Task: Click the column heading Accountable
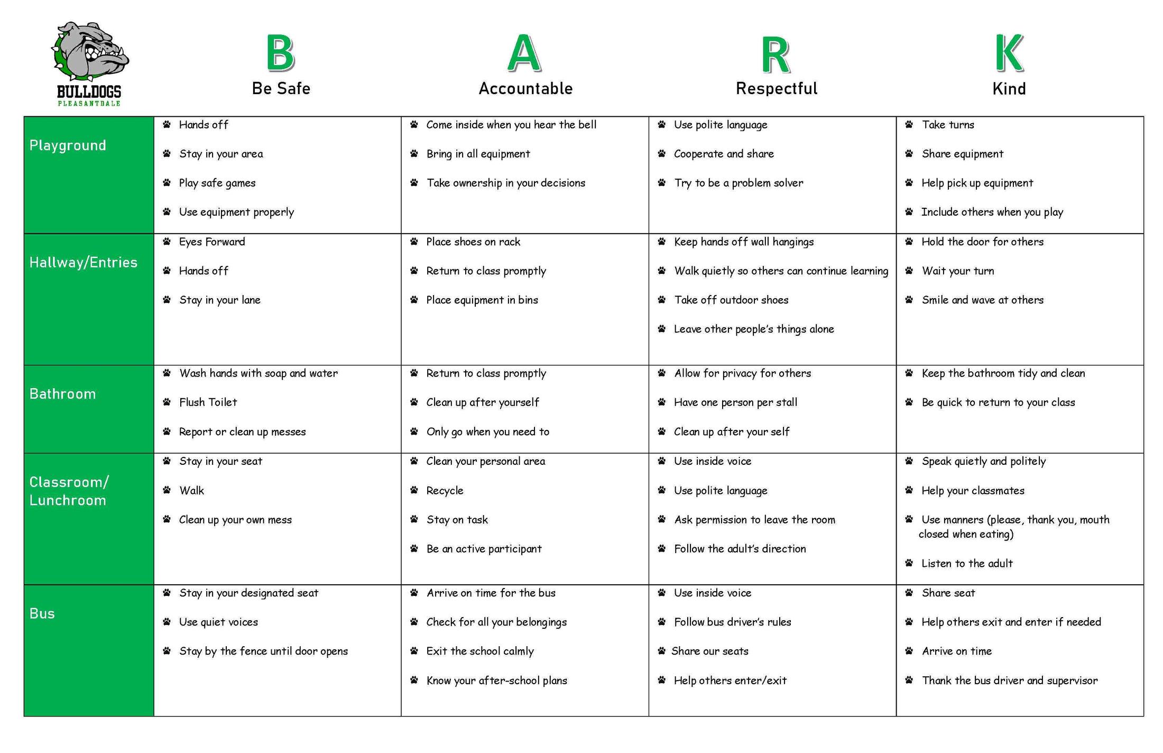point(525,88)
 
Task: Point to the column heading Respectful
point(777,88)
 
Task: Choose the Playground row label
point(68,145)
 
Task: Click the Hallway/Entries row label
point(83,262)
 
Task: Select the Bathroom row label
point(62,394)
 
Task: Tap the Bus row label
point(42,613)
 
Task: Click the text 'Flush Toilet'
point(208,402)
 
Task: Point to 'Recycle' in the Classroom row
point(445,491)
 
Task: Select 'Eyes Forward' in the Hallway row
point(212,242)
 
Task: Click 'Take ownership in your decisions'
point(506,183)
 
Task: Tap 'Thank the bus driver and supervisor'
point(1010,681)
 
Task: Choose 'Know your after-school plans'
point(496,681)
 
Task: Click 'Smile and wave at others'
point(983,300)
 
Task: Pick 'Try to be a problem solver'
point(739,183)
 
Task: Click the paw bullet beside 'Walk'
point(167,490)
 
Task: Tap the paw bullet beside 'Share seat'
point(909,593)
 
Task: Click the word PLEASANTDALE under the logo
point(89,104)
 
